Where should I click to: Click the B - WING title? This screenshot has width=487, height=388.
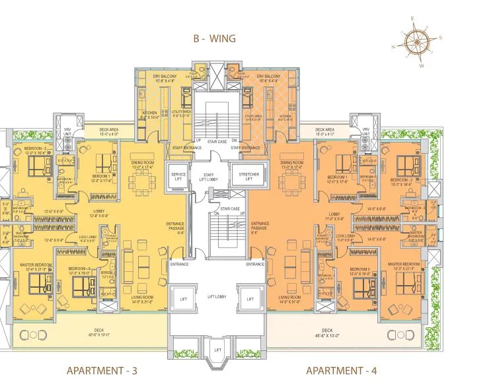coord(214,39)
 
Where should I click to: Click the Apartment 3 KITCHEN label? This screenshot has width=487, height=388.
coord(149,114)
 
